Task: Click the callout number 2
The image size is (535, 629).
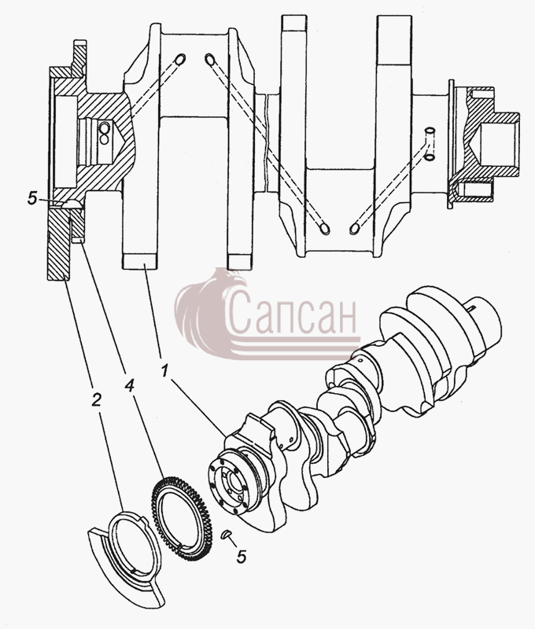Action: point(96,399)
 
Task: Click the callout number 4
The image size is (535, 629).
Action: point(129,386)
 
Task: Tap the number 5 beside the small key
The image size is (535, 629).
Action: point(242,557)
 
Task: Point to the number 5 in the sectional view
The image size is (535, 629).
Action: point(32,198)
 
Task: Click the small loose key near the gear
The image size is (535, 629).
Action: point(227,535)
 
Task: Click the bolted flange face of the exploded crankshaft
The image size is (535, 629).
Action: point(229,486)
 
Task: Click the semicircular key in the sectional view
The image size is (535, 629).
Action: point(73,204)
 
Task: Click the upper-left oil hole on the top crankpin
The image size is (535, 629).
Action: point(180,58)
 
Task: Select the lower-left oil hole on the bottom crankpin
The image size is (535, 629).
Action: point(324,228)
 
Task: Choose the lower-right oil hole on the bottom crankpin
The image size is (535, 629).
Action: point(355,228)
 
